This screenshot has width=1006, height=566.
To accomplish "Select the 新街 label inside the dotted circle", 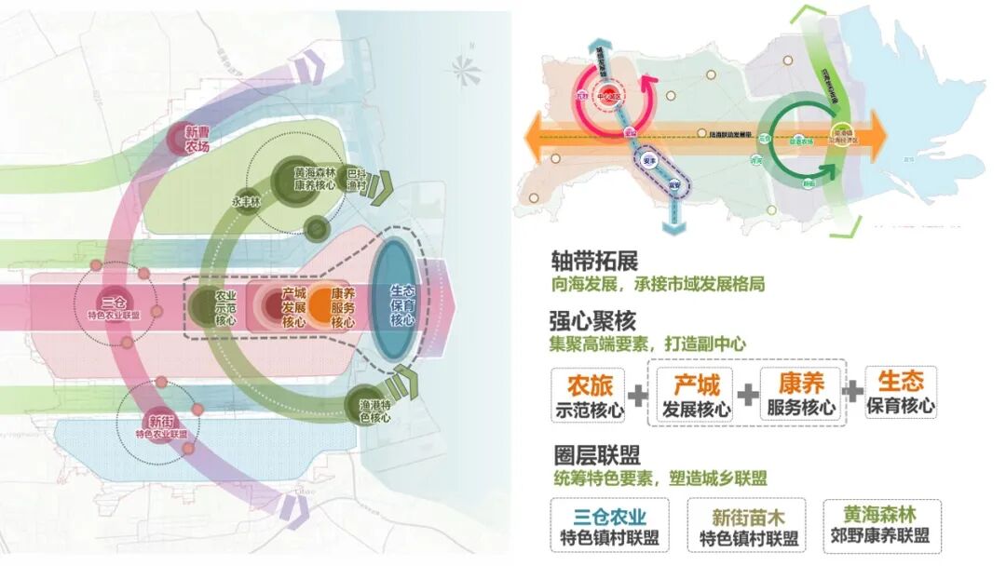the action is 161,424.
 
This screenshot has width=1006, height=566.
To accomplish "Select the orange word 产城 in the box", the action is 695,383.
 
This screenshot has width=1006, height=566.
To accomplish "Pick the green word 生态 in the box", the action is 901,382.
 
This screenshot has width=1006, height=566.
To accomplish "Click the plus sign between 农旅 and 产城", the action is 638,395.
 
